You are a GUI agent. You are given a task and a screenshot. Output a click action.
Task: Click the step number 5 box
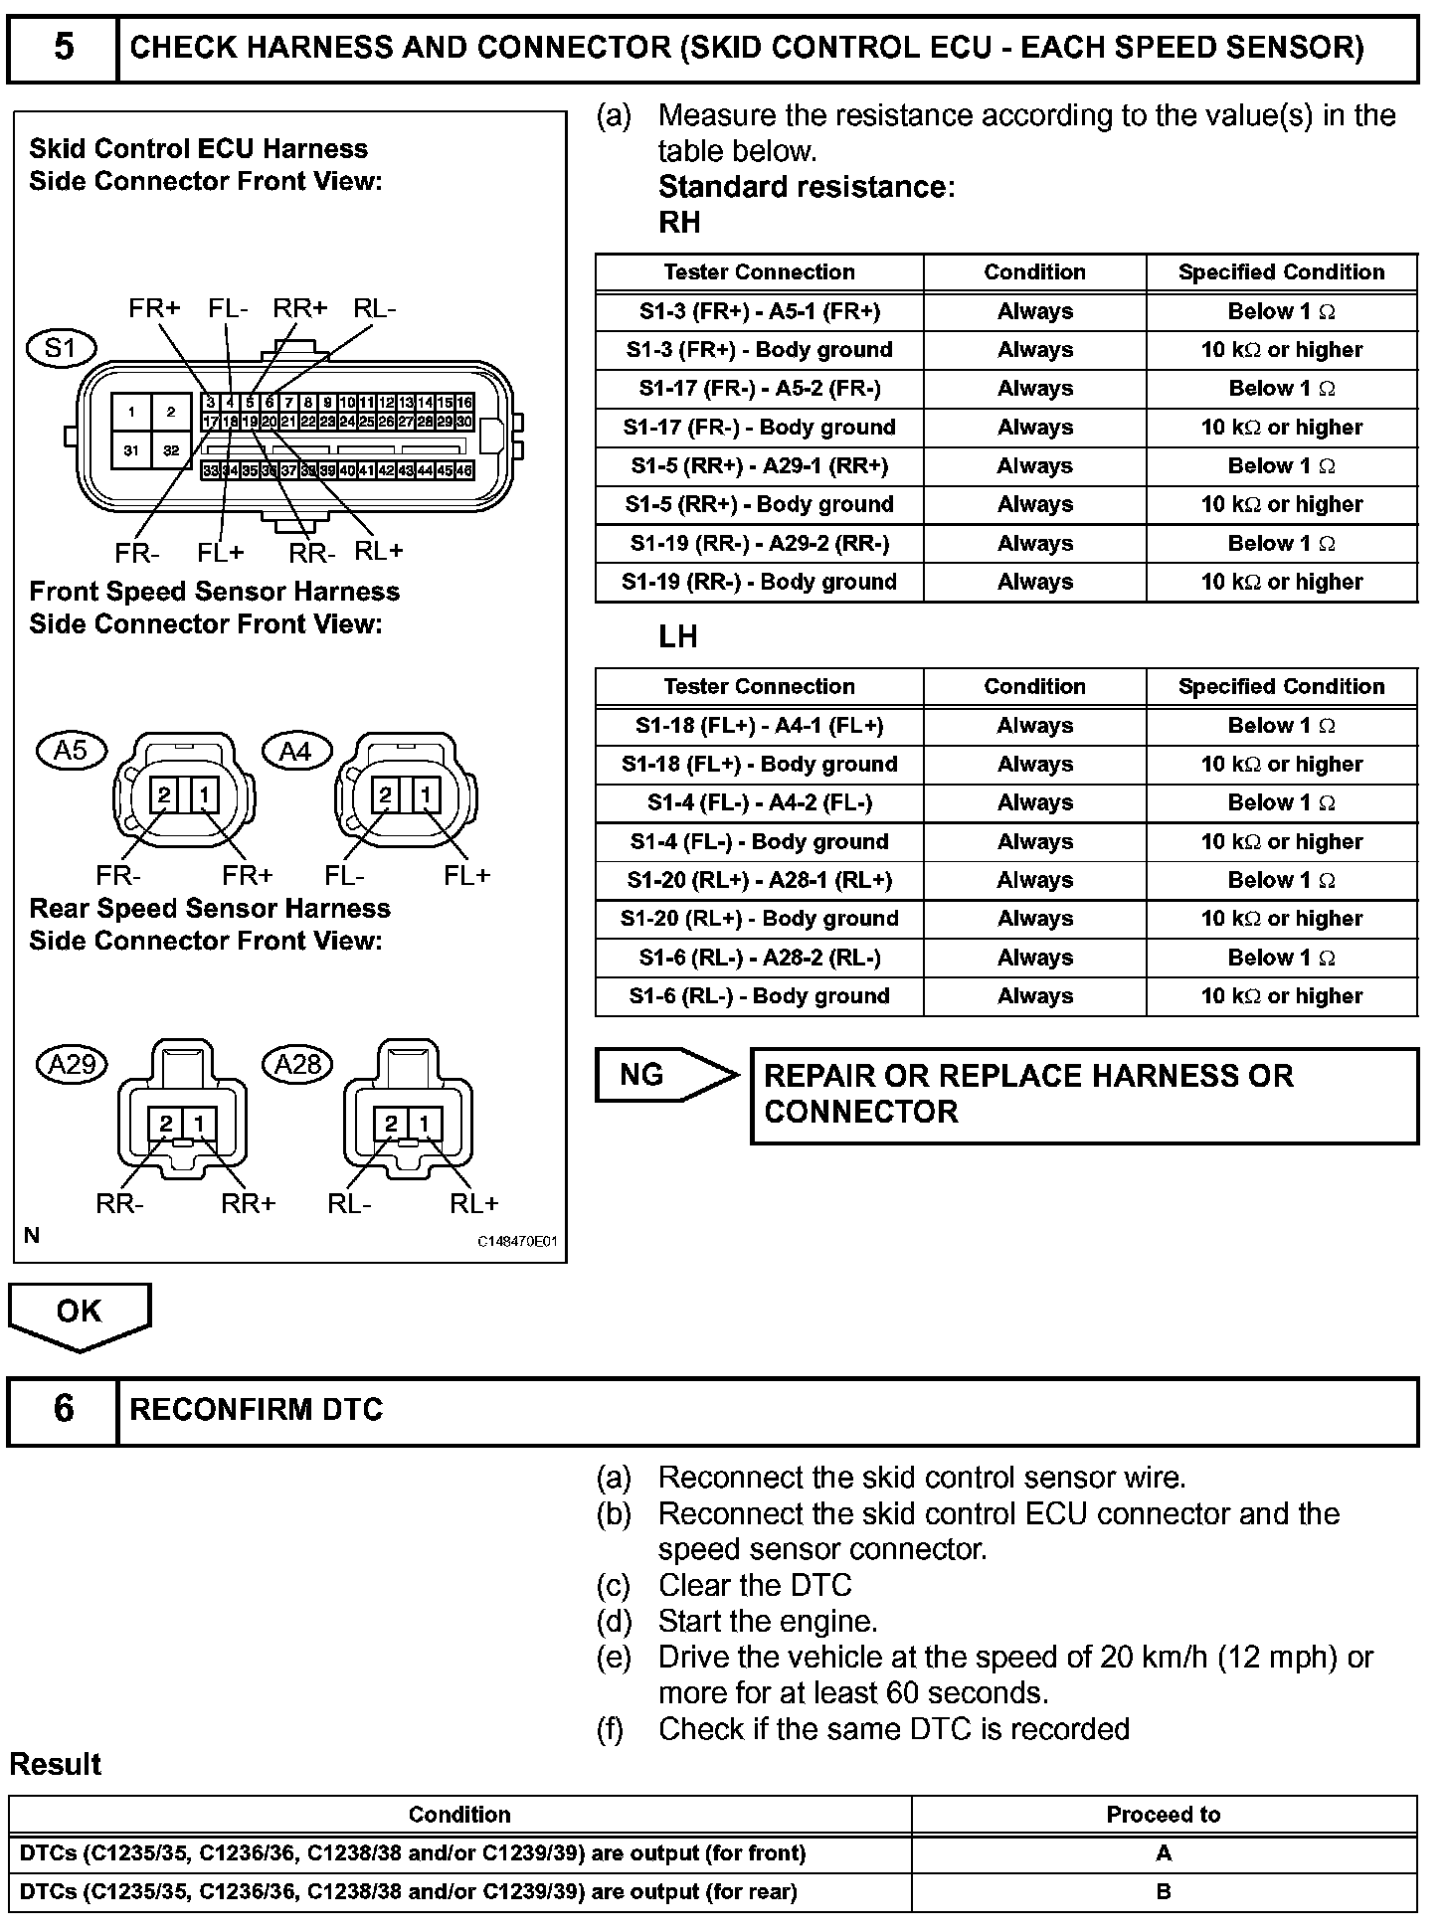point(63,48)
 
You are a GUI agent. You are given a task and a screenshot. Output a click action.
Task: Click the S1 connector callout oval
point(61,348)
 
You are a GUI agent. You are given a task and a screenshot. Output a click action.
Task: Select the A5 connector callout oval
point(71,751)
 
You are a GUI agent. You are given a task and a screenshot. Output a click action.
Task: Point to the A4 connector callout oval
point(295,752)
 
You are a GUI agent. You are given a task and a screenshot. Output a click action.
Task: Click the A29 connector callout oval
point(73,1065)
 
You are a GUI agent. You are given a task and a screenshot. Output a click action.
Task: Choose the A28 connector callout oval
point(297,1065)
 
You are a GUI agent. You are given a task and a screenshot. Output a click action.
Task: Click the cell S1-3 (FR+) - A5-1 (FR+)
point(759,311)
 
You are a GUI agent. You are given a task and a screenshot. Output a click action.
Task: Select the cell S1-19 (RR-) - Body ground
point(759,582)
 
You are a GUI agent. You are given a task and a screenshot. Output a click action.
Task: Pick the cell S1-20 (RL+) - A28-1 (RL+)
point(759,880)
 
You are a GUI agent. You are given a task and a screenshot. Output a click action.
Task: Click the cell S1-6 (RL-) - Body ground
point(759,996)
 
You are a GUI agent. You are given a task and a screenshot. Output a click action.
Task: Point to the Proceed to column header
point(1163,1815)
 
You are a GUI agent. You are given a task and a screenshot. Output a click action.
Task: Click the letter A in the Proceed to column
point(1164,1853)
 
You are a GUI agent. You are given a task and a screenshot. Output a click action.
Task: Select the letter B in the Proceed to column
point(1164,1892)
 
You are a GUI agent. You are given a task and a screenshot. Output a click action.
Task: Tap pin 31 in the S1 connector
point(131,450)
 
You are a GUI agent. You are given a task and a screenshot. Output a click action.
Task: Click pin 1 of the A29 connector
point(200,1124)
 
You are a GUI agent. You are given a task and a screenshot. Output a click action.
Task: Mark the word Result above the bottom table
point(56,1765)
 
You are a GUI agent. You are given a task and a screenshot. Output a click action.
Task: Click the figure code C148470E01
point(517,1242)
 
